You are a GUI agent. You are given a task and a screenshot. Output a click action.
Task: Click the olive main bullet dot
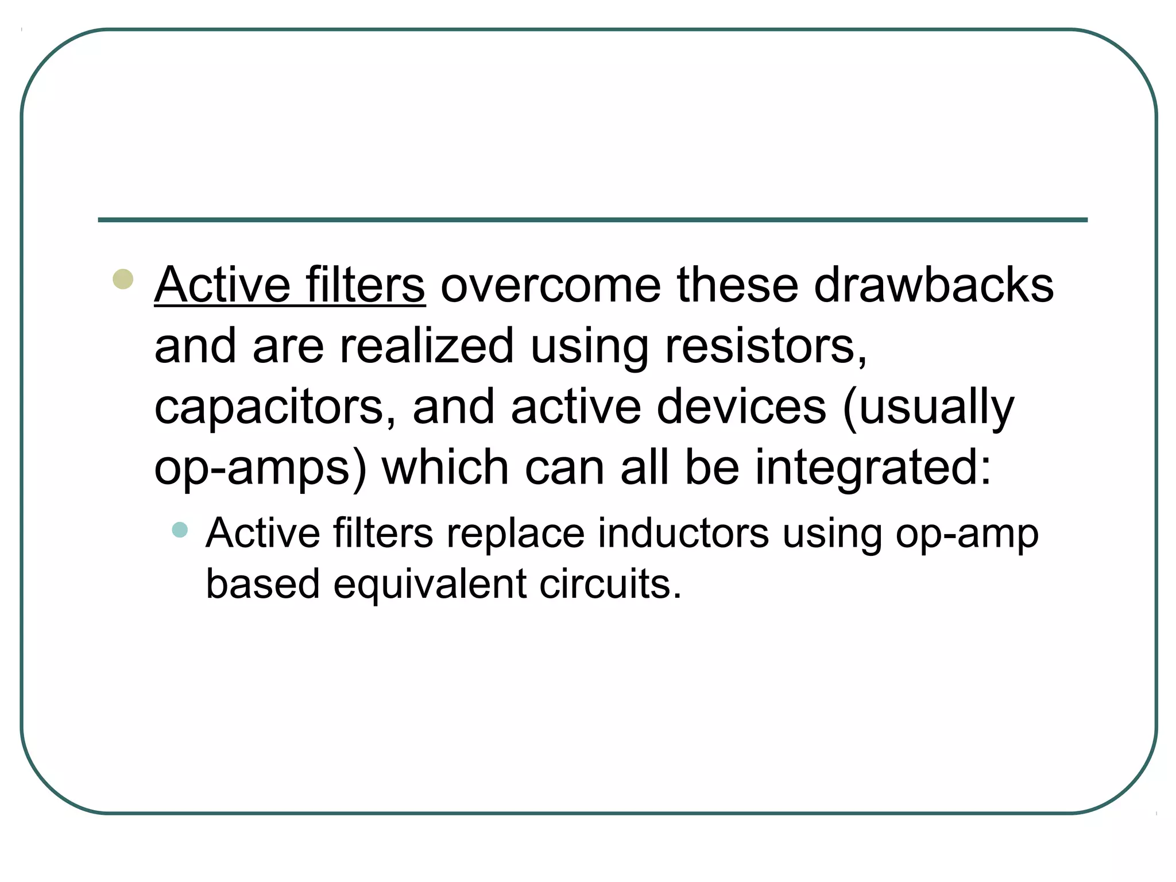pos(123,280)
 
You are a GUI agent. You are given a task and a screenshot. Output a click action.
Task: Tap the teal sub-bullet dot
pos(180,529)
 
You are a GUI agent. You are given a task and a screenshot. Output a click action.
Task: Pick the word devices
pos(741,407)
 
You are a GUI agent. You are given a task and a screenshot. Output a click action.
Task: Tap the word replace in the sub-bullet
pos(515,534)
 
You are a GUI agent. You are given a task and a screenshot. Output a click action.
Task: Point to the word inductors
pos(683,533)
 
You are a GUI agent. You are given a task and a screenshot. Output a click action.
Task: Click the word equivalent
pos(430,585)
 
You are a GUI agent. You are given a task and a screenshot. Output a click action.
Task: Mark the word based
pos(262,583)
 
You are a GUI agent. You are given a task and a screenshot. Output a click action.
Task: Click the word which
pos(445,467)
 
